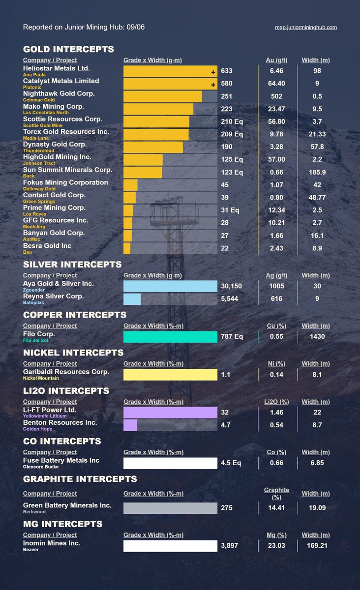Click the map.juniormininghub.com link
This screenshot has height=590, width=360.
(x=305, y=28)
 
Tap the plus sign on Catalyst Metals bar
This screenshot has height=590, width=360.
(x=213, y=85)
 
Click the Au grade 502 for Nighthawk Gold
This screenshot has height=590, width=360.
(x=276, y=96)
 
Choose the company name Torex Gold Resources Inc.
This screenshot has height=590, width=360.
(x=66, y=132)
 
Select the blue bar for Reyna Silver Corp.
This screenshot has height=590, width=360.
(x=132, y=299)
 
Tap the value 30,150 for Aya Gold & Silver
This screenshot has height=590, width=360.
(x=231, y=286)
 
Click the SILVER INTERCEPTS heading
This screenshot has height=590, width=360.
(x=72, y=265)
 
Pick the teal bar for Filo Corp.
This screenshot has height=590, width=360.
(x=170, y=337)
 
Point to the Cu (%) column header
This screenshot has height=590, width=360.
(x=276, y=326)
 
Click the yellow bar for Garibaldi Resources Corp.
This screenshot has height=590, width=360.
(x=170, y=375)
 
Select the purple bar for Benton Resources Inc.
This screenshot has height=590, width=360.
(x=130, y=425)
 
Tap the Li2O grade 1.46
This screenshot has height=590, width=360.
(x=276, y=413)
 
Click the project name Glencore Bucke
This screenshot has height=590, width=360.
(x=40, y=467)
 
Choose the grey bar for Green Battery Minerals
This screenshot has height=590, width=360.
(x=170, y=508)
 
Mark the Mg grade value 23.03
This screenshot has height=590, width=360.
(x=276, y=546)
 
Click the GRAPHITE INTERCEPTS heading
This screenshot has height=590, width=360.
(x=80, y=479)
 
